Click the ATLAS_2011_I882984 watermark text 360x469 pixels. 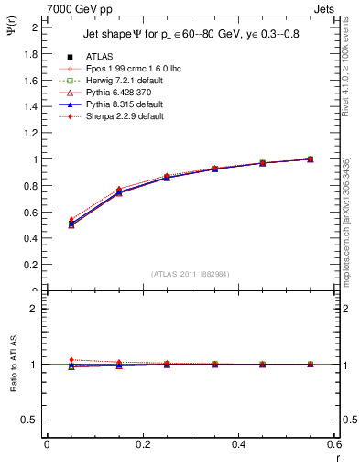pos(191,273)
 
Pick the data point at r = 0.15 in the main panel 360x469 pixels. pos(119,192)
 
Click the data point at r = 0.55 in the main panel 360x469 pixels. pos(311,159)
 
